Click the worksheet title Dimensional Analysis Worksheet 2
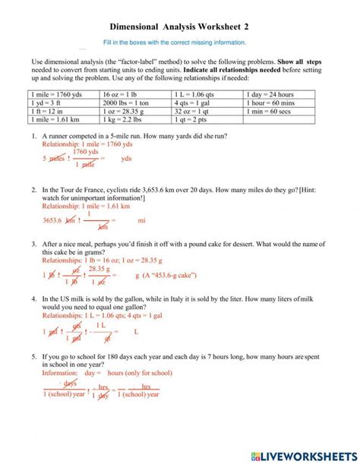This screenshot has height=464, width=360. [179, 27]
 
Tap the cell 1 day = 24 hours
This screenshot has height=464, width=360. [270, 93]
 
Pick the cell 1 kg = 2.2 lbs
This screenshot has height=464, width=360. [125, 119]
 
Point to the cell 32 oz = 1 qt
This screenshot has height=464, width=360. [193, 111]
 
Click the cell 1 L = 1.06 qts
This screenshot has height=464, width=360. [196, 93]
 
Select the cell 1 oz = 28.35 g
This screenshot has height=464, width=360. [125, 111]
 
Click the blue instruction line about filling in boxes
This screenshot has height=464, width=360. [179, 43]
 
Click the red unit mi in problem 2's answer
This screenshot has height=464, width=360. [141, 220]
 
